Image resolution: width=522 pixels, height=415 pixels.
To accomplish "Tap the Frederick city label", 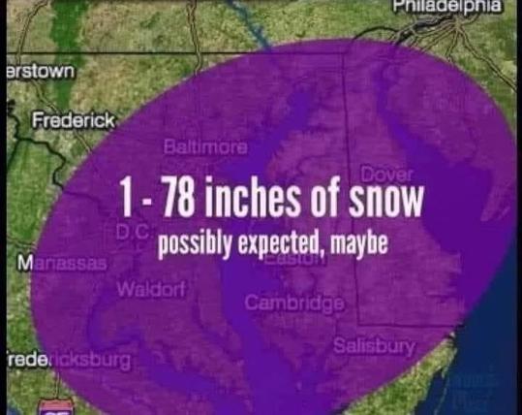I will point(73,119).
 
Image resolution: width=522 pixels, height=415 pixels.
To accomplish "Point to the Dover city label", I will point(386,174).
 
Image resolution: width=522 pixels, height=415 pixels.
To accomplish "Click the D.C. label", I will point(131,233).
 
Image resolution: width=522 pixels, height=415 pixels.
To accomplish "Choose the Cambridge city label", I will point(294,304).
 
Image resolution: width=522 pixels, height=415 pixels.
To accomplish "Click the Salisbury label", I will point(374,345).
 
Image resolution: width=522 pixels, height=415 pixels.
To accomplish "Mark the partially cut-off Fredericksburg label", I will point(66,360).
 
